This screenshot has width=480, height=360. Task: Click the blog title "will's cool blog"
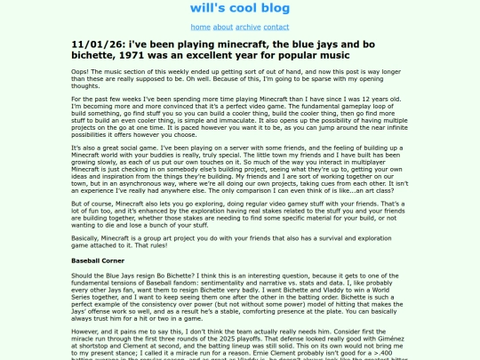click(239, 8)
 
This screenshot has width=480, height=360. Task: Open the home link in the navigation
click(200, 28)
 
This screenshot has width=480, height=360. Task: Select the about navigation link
click(222, 28)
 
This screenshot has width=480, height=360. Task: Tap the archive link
click(248, 28)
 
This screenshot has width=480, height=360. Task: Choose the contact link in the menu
click(276, 28)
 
